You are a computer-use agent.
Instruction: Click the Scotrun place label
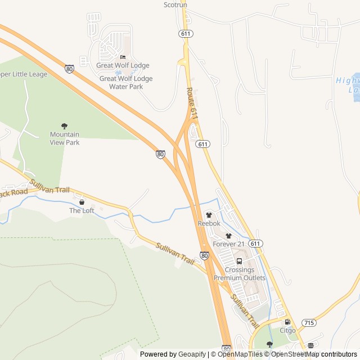click(175, 4)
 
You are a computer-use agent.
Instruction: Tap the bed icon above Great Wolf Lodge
click(123, 57)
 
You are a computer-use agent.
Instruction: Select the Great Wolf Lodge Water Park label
click(125, 83)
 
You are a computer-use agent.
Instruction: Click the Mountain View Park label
click(65, 138)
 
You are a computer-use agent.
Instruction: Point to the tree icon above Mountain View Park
click(64, 126)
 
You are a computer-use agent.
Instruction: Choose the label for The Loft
click(82, 210)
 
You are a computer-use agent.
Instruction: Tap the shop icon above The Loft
click(82, 201)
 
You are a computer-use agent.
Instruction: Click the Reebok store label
click(209, 223)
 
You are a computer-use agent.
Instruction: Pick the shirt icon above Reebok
click(209, 215)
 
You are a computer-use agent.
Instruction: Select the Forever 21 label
click(228, 244)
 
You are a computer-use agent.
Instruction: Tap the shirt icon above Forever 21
click(228, 236)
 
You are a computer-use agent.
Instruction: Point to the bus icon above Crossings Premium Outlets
click(239, 261)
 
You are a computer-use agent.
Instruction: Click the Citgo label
click(287, 330)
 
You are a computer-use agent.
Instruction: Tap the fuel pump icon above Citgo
click(287, 322)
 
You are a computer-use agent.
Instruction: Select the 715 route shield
click(309, 322)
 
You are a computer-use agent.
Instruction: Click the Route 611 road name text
click(192, 103)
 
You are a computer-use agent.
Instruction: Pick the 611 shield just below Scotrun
click(186, 34)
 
